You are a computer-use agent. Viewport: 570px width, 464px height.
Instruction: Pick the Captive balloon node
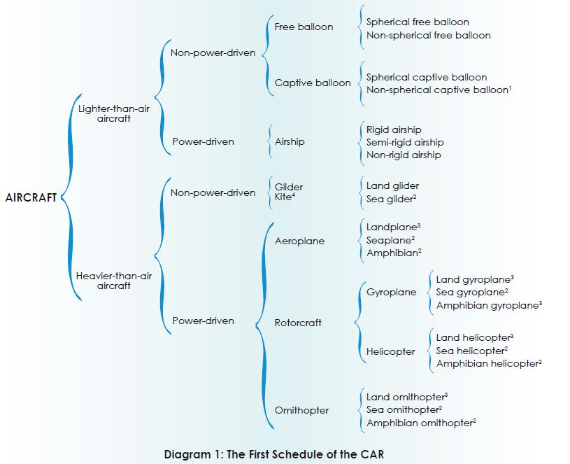313,83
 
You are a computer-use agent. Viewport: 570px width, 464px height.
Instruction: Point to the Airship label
290,141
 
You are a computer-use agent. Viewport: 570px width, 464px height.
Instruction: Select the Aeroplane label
299,241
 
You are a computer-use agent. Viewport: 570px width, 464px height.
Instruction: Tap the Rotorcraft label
298,323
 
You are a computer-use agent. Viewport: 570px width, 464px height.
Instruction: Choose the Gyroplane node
391,293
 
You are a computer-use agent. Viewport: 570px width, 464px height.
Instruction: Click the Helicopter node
390,351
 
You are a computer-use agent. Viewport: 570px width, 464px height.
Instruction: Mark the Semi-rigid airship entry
405,142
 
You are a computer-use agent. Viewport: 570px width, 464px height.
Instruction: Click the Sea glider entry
391,199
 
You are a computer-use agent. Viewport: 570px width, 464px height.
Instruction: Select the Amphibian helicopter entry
487,363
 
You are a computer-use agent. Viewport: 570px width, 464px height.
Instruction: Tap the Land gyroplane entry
473,280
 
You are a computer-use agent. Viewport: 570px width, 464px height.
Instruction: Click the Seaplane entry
390,240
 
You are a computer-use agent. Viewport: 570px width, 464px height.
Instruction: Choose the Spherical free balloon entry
418,22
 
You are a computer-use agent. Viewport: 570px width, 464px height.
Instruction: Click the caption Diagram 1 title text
273,454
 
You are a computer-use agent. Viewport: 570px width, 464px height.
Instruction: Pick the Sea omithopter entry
404,409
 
